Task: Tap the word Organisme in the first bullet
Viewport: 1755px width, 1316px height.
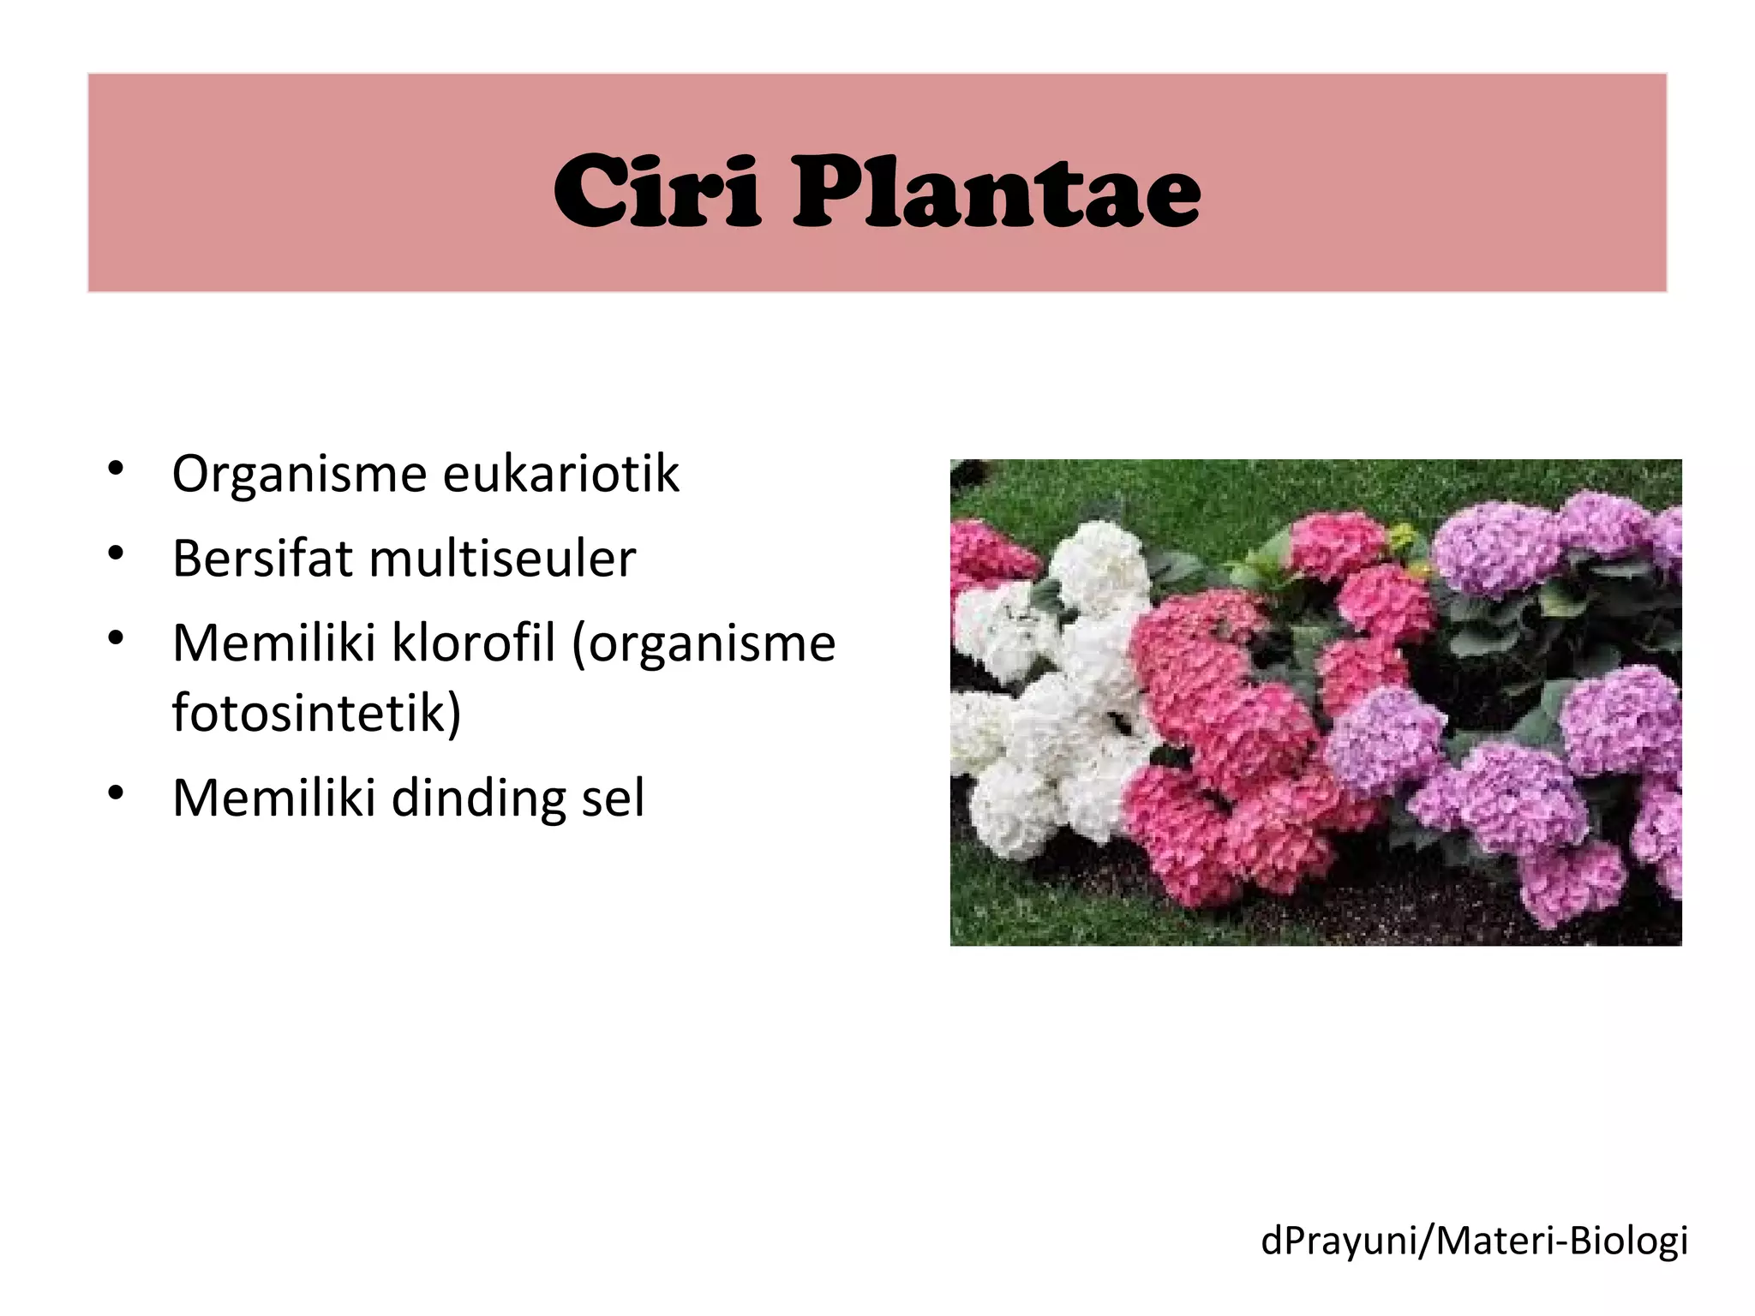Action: (299, 474)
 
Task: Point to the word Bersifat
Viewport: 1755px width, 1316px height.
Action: (262, 559)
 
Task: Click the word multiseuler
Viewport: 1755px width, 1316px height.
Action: (502, 559)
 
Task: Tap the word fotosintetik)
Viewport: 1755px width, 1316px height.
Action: (316, 712)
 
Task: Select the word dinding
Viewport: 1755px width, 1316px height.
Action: (477, 798)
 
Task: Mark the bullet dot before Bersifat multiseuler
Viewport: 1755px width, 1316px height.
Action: (117, 553)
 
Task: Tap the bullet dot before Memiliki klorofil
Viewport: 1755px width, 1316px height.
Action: (117, 638)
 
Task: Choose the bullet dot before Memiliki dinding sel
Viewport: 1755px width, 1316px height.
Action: (117, 793)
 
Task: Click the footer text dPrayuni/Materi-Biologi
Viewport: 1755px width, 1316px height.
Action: (1474, 1241)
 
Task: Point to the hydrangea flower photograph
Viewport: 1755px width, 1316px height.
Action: (1315, 703)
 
